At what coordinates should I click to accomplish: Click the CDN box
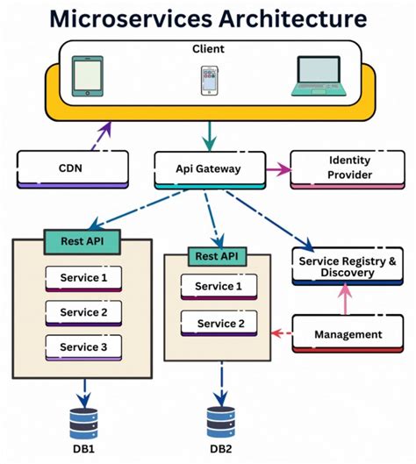point(72,168)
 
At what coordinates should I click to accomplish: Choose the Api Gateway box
point(209,168)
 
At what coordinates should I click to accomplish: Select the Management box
point(348,334)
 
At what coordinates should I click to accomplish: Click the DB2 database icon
point(221,423)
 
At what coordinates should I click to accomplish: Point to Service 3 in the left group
point(83,346)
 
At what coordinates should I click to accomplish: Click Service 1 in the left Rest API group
point(83,278)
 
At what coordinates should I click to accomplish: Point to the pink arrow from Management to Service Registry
point(344,302)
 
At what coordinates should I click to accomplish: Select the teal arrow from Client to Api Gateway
point(207,135)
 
